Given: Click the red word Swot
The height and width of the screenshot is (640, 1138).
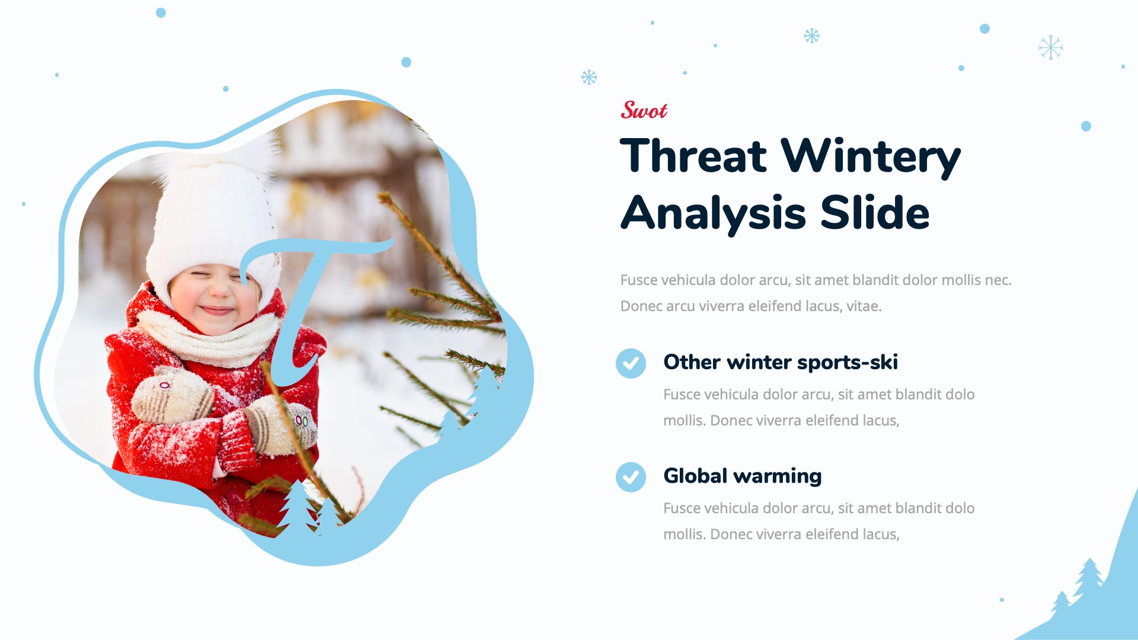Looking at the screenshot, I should [644, 110].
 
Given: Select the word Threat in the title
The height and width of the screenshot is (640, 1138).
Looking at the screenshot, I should [693, 156].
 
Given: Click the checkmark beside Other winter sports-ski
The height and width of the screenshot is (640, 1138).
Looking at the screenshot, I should [631, 363].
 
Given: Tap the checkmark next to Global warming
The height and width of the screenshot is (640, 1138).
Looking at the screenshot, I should [631, 477].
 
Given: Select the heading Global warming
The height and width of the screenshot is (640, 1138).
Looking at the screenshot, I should [742, 476].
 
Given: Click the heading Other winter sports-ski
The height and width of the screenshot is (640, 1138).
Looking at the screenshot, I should [780, 362].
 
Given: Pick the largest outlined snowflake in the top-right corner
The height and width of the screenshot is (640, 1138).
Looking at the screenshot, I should [1050, 47].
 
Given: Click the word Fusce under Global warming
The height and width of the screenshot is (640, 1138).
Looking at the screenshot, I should [682, 508].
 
